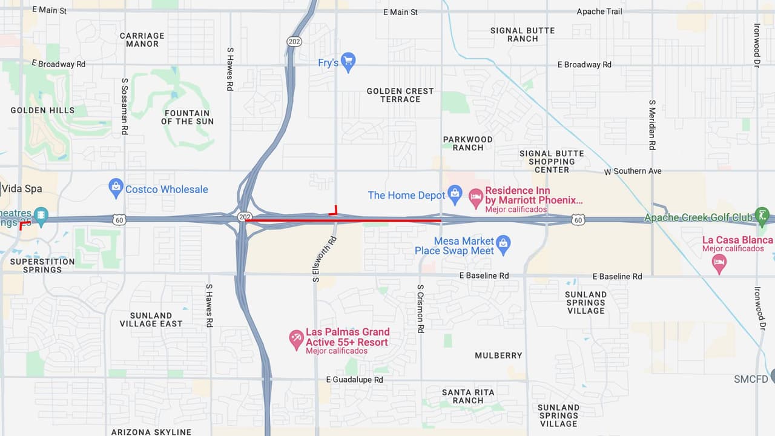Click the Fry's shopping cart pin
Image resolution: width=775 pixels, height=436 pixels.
coord(348,61)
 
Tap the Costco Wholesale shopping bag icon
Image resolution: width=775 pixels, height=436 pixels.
coord(116,188)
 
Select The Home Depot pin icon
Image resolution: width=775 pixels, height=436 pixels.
coord(455,194)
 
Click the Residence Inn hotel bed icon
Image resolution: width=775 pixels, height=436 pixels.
coord(476,196)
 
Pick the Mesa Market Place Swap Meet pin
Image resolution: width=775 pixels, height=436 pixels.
coord(503,244)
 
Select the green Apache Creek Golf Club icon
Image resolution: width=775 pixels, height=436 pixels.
coord(762,216)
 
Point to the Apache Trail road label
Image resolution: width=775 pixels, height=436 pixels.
coord(599,12)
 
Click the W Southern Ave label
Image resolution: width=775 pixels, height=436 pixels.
coord(633,171)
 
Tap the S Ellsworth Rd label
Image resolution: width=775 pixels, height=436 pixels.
coord(315,259)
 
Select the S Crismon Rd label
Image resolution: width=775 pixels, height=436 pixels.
coord(420,308)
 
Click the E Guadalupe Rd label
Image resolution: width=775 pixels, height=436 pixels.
coord(354,380)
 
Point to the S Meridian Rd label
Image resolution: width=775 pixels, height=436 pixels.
coord(652,125)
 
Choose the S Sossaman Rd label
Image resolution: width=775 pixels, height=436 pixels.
coord(125,106)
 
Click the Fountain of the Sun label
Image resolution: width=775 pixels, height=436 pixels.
coord(187,117)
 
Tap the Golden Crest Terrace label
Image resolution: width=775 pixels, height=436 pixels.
coord(400,95)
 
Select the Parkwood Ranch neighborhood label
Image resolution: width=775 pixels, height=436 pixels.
coord(467,143)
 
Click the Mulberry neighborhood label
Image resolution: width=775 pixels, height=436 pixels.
coord(498,355)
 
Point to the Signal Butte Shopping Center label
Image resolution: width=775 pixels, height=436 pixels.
coord(552,162)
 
